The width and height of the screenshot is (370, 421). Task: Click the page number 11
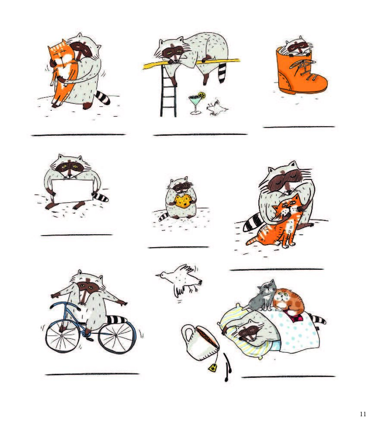tap(363, 414)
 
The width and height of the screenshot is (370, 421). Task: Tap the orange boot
tap(301, 71)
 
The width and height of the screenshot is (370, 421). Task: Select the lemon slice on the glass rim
tap(202, 96)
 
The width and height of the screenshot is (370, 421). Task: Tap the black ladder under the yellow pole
tap(168, 91)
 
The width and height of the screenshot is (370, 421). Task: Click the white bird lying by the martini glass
tap(216, 108)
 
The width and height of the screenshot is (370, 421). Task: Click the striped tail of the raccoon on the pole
tap(221, 72)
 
